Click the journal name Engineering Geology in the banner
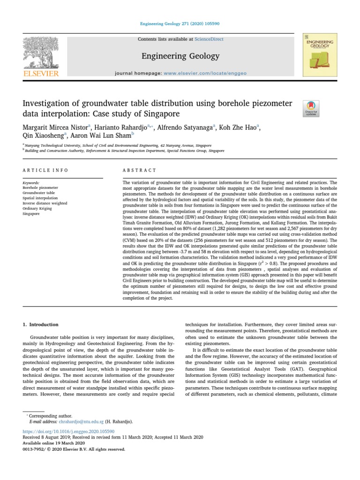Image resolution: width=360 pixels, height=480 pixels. [x=180, y=56]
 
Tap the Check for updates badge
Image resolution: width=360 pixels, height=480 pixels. [x=311, y=108]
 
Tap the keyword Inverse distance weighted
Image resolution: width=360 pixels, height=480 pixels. [x=45, y=203]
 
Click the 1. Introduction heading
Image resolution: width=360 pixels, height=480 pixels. [x=41, y=324]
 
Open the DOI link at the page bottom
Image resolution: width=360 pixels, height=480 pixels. [x=68, y=431]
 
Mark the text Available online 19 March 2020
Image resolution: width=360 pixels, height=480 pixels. [x=53, y=443]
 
